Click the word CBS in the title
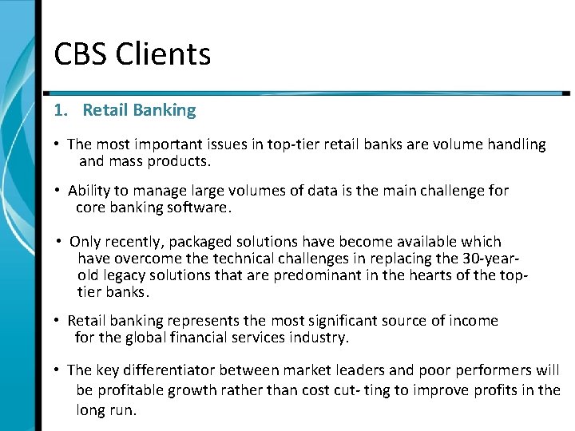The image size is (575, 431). pos(81,55)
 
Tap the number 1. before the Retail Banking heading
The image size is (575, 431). pos(61,110)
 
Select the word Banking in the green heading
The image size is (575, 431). pos(165,110)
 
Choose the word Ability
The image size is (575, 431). pos(89,191)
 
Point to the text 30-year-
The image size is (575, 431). pos(491,258)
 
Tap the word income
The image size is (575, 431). pos(472,321)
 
